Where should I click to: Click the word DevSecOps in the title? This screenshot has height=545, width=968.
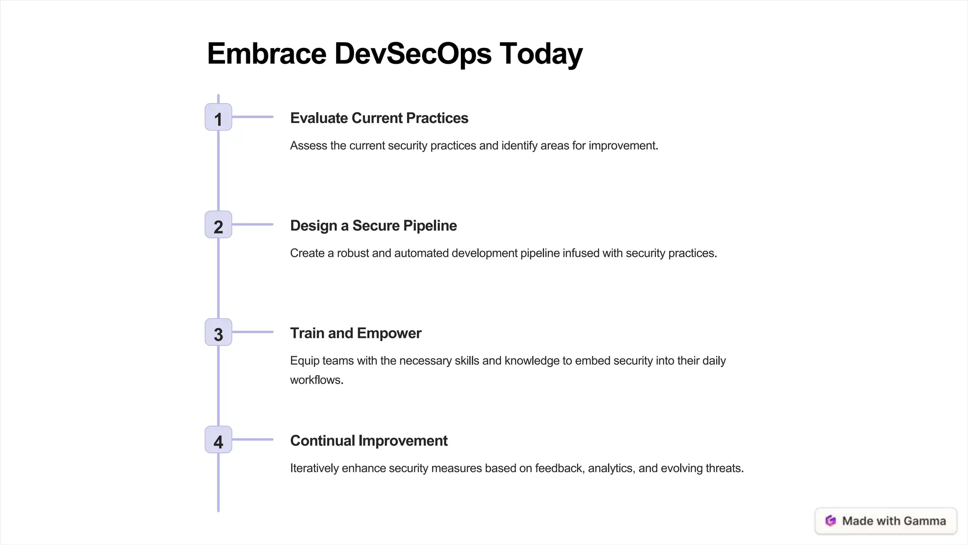click(413, 53)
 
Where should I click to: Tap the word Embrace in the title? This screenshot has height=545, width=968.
click(267, 53)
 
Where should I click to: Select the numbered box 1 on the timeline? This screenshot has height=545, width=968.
click(218, 117)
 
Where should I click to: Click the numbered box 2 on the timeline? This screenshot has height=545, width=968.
click(218, 225)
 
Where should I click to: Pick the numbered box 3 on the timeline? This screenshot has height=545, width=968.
click(218, 332)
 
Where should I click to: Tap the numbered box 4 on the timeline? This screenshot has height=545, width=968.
click(218, 440)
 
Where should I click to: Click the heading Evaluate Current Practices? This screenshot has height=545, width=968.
click(379, 118)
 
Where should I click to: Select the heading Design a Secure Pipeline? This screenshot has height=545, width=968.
click(373, 226)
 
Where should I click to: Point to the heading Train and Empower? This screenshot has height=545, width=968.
click(355, 333)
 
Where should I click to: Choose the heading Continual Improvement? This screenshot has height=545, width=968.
click(368, 440)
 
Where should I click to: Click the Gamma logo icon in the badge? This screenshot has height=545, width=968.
click(830, 521)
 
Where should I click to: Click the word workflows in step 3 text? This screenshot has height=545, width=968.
click(316, 380)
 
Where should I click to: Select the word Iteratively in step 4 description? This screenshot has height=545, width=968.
click(314, 468)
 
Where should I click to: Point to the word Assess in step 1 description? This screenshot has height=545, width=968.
click(308, 146)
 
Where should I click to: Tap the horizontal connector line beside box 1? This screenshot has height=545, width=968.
click(252, 117)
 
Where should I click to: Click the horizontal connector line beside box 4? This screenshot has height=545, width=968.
click(252, 440)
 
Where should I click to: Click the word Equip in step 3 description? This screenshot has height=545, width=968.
click(304, 360)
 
